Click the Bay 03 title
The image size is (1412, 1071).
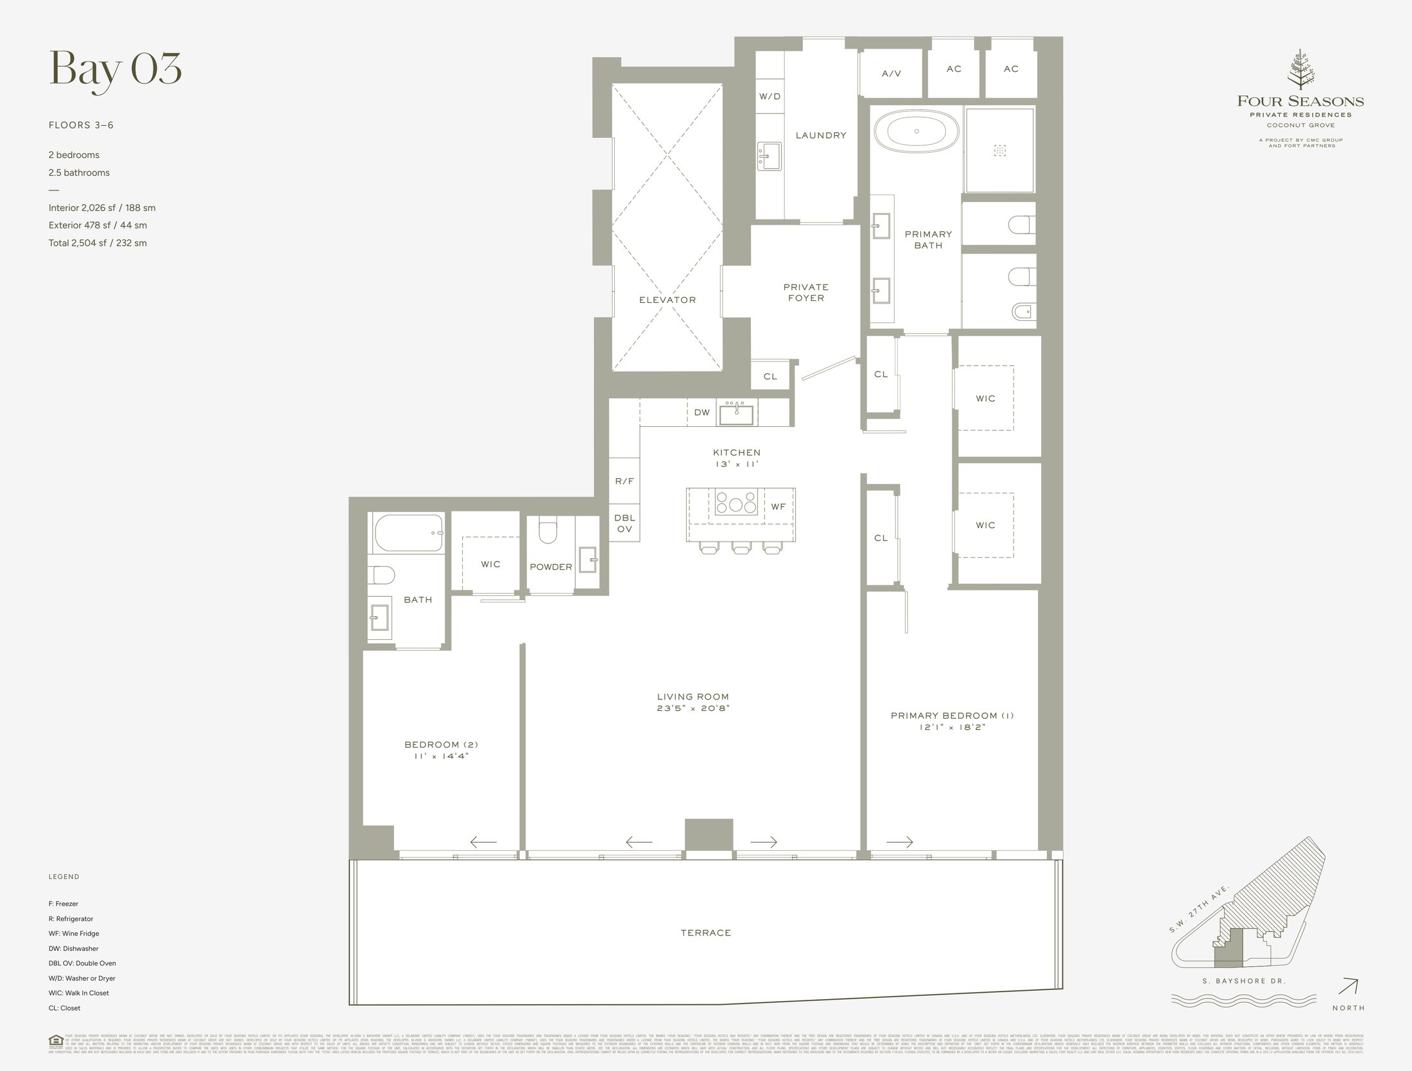116,69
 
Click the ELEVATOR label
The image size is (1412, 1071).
667,300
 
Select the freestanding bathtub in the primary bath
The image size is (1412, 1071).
917,132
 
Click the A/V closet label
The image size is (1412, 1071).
891,74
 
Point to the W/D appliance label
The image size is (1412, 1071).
770,97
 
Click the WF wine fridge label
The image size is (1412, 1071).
778,507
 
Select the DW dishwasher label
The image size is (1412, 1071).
702,412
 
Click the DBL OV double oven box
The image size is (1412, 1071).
624,523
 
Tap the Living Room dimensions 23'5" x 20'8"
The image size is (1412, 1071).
693,708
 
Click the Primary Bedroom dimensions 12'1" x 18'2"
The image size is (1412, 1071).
952,727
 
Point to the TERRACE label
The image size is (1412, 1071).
706,932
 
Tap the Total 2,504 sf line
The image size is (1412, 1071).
98,243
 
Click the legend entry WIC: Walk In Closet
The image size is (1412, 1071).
78,993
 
